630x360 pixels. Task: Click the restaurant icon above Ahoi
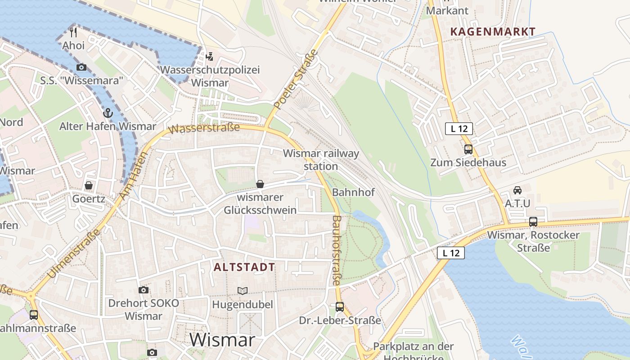click(74, 32)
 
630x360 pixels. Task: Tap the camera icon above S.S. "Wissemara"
click(81, 67)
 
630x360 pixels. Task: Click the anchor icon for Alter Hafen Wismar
click(107, 112)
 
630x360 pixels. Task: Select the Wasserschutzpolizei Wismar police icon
click(209, 57)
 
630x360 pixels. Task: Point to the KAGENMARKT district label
click(493, 31)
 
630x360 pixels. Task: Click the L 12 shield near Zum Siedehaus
click(459, 129)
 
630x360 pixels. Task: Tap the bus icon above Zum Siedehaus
click(468, 149)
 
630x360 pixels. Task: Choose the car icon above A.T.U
click(517, 190)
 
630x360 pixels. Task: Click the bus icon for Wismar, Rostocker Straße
click(533, 221)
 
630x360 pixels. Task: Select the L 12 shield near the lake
click(451, 253)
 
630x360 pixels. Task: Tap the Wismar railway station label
click(321, 160)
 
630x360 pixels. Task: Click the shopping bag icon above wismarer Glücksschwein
click(260, 184)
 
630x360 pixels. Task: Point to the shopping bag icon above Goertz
click(89, 185)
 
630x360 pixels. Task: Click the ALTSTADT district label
click(244, 267)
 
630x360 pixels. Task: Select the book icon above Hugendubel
click(243, 291)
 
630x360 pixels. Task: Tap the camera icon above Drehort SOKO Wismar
click(144, 290)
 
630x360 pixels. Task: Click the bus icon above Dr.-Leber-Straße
click(340, 307)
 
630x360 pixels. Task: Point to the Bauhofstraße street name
click(337, 250)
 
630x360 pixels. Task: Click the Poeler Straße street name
click(296, 80)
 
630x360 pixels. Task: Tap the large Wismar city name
click(222, 340)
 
